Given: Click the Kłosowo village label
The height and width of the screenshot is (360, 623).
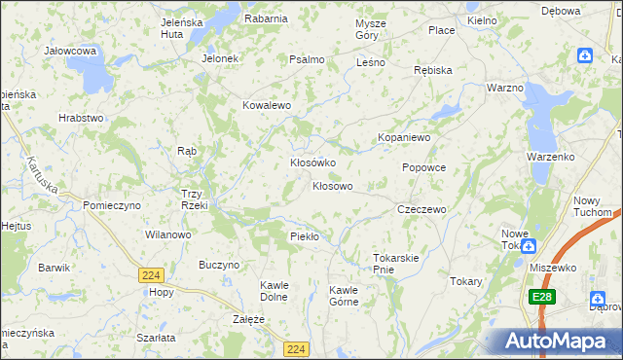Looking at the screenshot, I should point(332,186).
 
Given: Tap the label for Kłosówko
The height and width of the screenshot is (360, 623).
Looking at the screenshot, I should point(312,162).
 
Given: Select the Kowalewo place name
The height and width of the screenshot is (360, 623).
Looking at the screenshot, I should point(268,105).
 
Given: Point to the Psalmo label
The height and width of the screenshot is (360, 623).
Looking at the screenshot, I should point(307,59).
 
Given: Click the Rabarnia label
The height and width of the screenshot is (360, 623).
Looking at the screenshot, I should point(266,18).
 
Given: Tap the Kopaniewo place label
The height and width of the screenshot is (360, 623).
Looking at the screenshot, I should point(404,138).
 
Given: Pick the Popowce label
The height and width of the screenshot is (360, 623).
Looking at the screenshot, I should point(423,167).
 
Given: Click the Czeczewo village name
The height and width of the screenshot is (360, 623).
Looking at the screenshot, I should point(421,209).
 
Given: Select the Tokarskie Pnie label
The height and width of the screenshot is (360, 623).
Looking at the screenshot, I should point(396,264).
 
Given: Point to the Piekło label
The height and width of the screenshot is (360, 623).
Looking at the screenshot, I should point(305,236).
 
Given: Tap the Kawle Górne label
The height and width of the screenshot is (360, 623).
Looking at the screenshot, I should point(344,296).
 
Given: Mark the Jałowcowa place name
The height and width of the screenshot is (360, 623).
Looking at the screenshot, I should point(69,50).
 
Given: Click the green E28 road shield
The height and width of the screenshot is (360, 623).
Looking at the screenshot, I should point(543,296).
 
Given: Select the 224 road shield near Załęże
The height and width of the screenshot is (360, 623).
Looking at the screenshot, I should point(297,347).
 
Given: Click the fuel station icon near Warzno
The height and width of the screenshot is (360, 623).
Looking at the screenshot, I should point(584,55).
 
